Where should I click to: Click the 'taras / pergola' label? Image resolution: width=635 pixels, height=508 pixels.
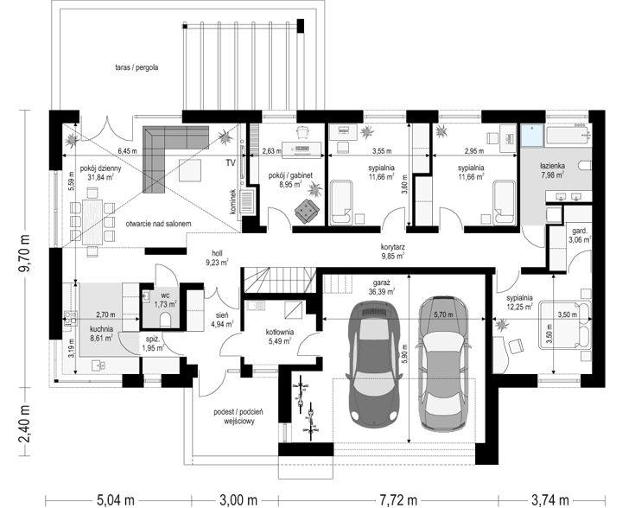137,67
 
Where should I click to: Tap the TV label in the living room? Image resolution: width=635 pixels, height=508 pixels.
231,163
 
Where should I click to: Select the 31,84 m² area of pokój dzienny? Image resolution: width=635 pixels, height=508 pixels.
100,176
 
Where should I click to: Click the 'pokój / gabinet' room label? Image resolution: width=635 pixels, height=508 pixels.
290,175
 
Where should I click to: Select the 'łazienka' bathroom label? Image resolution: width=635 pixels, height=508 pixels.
552,166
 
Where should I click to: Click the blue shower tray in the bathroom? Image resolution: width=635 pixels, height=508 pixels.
531,136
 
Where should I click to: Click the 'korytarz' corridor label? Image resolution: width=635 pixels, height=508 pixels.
393,247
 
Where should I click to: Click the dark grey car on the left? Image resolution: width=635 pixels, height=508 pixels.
373,363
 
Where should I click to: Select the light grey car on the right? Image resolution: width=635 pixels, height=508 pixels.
444,364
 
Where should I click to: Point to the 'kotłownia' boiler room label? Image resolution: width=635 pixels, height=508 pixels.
280,332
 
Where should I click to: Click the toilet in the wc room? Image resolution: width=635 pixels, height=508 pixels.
166,320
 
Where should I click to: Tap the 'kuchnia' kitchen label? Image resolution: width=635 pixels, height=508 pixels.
101,329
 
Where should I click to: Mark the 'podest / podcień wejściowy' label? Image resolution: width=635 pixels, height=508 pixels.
238,416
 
